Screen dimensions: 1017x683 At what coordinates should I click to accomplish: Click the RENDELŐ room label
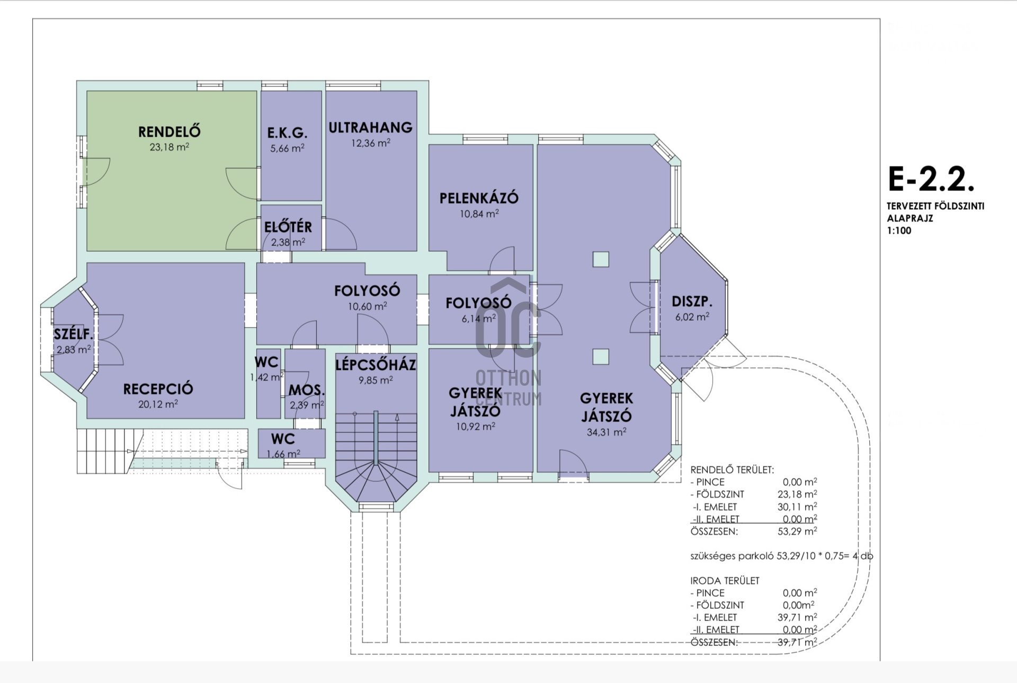(169, 131)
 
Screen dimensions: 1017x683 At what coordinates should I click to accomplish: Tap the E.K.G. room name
(287, 133)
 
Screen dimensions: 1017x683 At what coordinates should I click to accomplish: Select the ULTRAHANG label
(370, 128)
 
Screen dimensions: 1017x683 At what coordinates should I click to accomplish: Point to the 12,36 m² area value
(371, 143)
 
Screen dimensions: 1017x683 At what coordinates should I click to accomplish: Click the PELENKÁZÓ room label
(479, 198)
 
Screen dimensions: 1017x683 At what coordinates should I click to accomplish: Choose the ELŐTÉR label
(288, 227)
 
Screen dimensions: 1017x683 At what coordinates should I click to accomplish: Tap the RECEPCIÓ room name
(158, 389)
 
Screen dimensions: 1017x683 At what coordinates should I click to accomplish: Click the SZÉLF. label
(73, 334)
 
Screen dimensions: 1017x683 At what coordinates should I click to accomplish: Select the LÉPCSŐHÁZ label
(376, 365)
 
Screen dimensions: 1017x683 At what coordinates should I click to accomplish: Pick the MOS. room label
(307, 391)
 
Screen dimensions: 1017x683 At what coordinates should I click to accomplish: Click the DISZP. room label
(692, 302)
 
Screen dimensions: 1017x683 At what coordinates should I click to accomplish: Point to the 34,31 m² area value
(606, 432)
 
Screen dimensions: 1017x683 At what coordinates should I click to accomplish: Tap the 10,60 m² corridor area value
(367, 306)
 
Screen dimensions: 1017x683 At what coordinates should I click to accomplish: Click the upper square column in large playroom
(601, 259)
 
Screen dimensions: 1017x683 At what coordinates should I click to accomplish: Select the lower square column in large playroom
(601, 357)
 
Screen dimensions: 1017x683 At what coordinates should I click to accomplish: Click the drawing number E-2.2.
(931, 179)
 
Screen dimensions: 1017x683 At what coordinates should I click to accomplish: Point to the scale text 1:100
(899, 230)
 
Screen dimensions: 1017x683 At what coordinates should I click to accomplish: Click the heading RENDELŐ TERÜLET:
(732, 469)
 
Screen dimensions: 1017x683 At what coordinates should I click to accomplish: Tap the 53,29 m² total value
(797, 531)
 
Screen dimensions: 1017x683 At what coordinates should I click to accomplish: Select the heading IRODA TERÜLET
(725, 581)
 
